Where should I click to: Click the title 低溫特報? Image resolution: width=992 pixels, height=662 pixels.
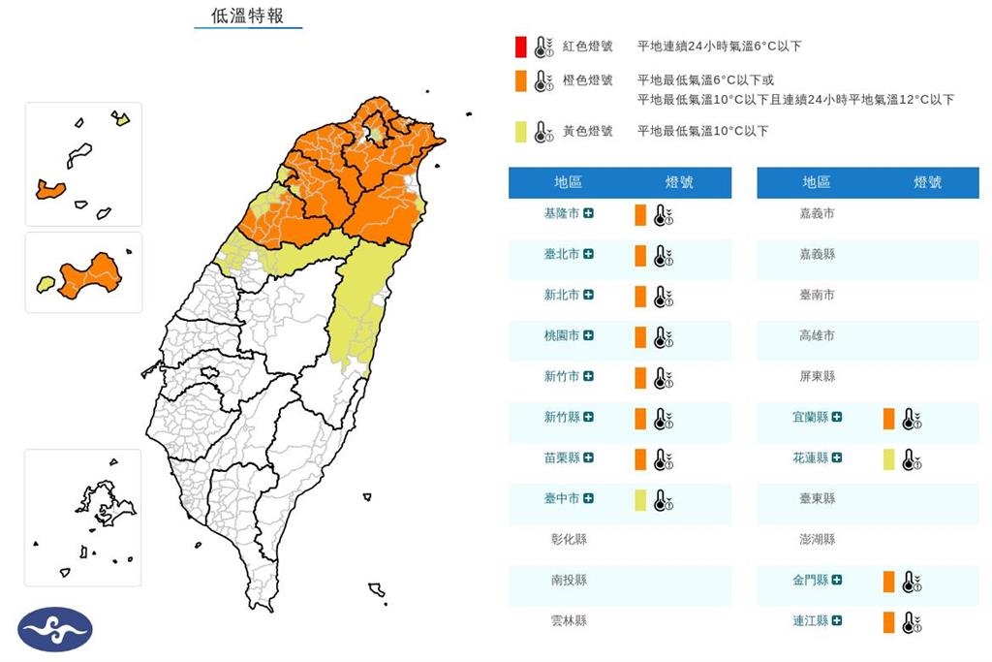pos(247,16)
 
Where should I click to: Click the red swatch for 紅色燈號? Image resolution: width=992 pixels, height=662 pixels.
pos(520,46)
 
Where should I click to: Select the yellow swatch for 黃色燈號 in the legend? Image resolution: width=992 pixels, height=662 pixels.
pos(520,131)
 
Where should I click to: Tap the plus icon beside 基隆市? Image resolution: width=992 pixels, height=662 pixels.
pos(588,213)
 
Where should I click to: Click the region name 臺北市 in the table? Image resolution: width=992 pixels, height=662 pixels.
pos(562,254)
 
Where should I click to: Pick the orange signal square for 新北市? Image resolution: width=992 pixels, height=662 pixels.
pos(640,296)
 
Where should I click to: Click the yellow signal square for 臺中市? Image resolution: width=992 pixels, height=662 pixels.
pos(640,499)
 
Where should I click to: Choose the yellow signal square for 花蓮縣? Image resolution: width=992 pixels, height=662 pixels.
pos(888,458)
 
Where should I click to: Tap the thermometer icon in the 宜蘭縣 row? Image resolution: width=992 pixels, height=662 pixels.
pos(911,419)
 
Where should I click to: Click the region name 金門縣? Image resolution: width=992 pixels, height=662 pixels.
pos(809,580)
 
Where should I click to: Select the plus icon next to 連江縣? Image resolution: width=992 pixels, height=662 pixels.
pos(836,620)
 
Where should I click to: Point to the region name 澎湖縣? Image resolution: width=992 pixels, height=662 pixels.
pos(817,539)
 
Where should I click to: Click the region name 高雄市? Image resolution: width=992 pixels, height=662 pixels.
pos(817,335)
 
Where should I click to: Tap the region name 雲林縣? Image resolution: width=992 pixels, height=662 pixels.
pos(569,620)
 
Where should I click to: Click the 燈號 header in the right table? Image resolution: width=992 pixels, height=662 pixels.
pos(927,182)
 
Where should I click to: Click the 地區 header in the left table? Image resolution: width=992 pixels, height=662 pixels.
pos(569,182)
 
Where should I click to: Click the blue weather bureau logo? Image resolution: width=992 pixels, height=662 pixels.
pos(55,629)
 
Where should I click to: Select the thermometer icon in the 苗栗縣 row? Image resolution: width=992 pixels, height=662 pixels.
pos(663,458)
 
